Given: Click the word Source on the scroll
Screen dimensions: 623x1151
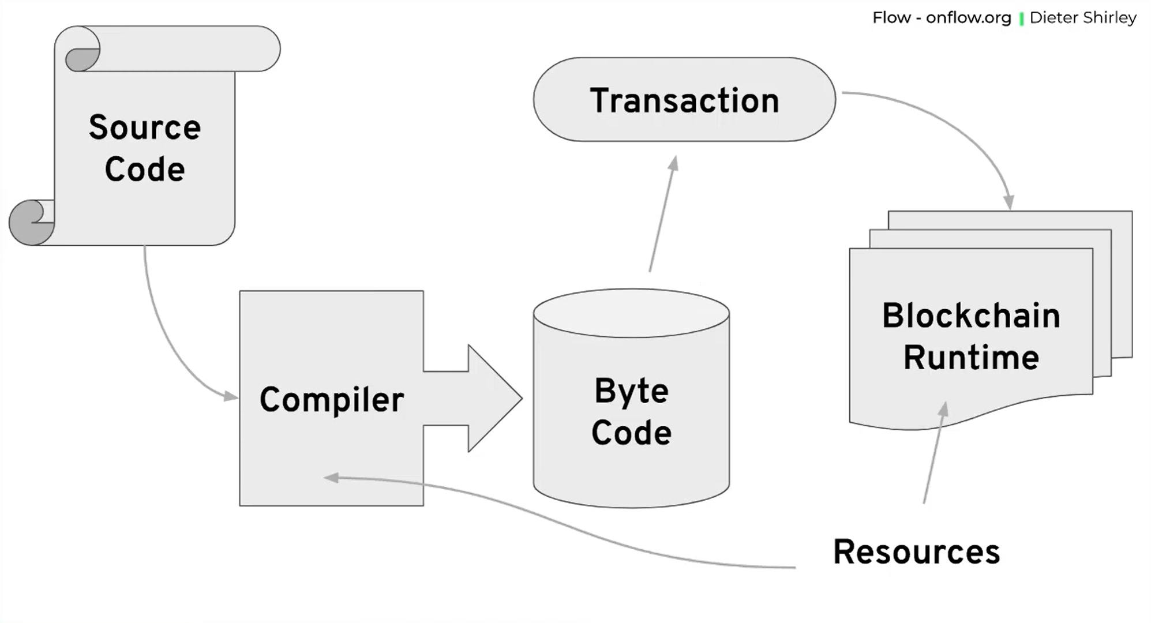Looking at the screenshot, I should click(x=144, y=127).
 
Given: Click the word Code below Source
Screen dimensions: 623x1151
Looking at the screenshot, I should click(x=144, y=170).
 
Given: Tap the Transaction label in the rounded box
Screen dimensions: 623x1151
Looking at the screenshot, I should click(x=684, y=100).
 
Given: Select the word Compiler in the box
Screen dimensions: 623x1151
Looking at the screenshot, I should click(x=331, y=400).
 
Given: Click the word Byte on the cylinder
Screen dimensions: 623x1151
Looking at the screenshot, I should click(x=631, y=391).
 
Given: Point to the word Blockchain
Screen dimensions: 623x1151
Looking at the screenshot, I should click(x=971, y=316).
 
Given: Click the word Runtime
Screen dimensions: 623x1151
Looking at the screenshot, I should click(x=971, y=358).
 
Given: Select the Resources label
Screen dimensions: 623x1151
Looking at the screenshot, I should click(x=916, y=552).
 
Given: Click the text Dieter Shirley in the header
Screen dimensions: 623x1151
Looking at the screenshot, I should click(x=1082, y=18).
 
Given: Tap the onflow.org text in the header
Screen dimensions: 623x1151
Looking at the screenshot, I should click(x=968, y=18).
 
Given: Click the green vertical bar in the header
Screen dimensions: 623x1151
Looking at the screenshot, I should click(x=1021, y=18).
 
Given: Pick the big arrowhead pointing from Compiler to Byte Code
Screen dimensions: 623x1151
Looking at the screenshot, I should click(x=493, y=398).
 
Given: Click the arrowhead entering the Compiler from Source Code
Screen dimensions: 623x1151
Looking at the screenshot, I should click(x=231, y=396).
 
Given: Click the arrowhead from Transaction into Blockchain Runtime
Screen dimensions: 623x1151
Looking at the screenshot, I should click(x=1008, y=202).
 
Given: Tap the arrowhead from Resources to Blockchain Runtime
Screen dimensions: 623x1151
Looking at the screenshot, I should click(x=943, y=409).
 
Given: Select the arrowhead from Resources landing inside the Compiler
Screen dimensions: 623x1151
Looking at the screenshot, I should click(x=331, y=478).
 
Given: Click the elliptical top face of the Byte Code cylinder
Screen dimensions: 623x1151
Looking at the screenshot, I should click(x=631, y=313).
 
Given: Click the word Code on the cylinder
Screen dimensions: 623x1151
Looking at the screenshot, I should click(x=631, y=433).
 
